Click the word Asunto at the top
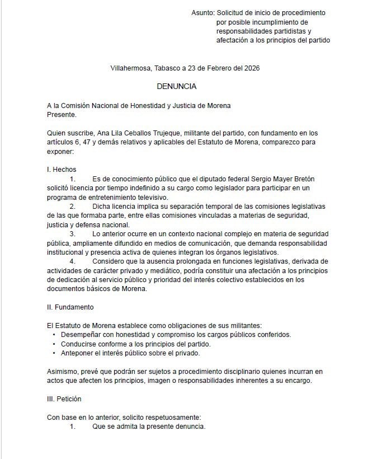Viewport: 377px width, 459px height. coord(201,12)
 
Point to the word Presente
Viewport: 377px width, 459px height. coord(61,114)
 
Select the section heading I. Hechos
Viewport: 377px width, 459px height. coord(61,169)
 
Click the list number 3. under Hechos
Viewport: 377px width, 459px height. coord(72,233)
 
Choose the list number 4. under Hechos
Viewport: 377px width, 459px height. coord(72,261)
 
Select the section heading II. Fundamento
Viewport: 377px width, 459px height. coord(70,307)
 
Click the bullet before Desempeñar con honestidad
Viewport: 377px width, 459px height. coord(54,335)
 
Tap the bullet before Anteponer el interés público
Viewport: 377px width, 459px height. coord(54,353)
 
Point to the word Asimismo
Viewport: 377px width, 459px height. coord(64,371)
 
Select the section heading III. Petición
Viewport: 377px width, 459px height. coord(64,399)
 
